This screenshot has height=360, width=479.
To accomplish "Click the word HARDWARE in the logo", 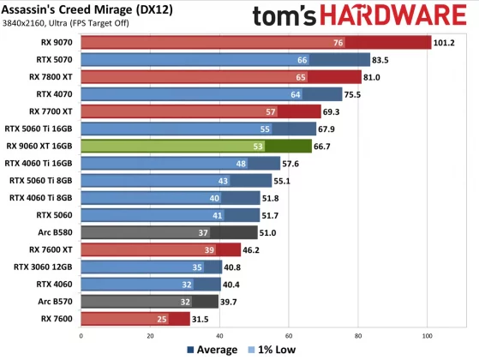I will (401, 15).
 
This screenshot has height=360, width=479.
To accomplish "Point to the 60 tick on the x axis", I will (290, 335).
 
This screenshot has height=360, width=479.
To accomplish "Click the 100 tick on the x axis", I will (428, 335).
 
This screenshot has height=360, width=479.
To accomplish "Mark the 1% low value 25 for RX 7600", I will (161, 318).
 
